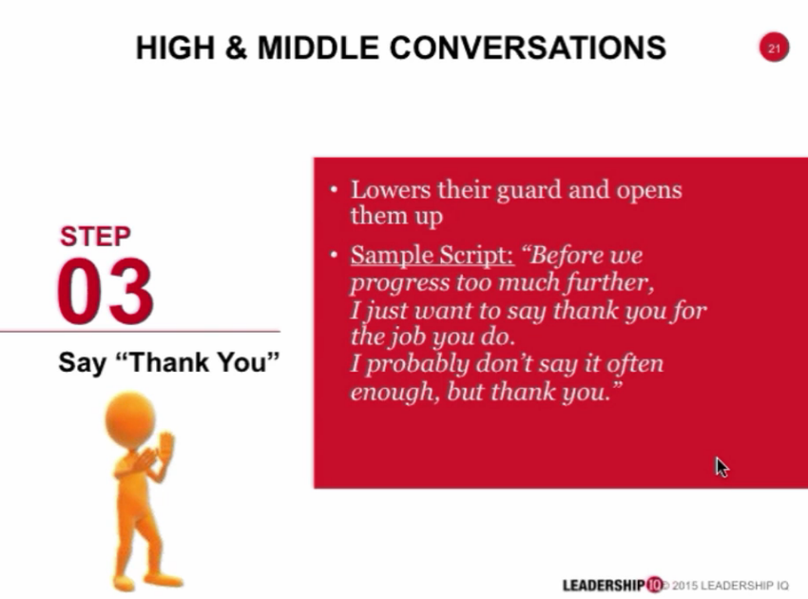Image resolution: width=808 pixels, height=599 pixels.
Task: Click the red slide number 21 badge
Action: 774,48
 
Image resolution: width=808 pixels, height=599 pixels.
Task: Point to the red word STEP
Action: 95,236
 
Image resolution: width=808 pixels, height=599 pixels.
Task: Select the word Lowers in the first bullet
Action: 385,189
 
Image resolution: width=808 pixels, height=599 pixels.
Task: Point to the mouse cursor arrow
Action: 721,466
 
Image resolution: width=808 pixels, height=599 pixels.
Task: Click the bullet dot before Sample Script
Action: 333,256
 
